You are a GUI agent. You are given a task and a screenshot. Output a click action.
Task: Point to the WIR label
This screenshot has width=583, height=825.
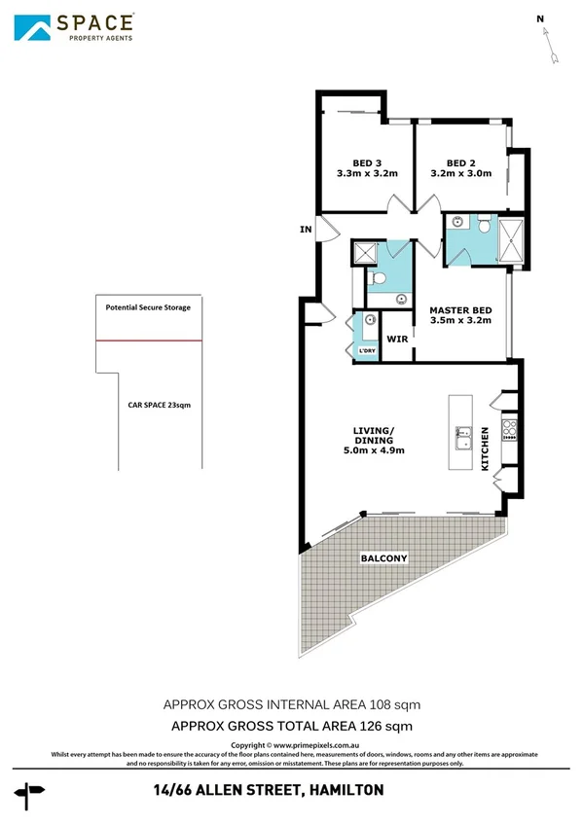pyautogui.click(x=396, y=340)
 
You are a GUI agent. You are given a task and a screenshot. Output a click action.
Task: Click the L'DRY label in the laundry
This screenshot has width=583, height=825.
pyautogui.click(x=367, y=350)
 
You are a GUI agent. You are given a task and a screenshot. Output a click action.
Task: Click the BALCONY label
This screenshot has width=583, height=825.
pyautogui.click(x=383, y=557)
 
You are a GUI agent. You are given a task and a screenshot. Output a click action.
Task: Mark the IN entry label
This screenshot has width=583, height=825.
pyautogui.click(x=306, y=231)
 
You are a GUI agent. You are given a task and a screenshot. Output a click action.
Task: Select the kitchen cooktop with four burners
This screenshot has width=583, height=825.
pyautogui.click(x=508, y=428)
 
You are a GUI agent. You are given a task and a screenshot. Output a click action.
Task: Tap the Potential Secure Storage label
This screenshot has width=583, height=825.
pyautogui.click(x=148, y=307)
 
